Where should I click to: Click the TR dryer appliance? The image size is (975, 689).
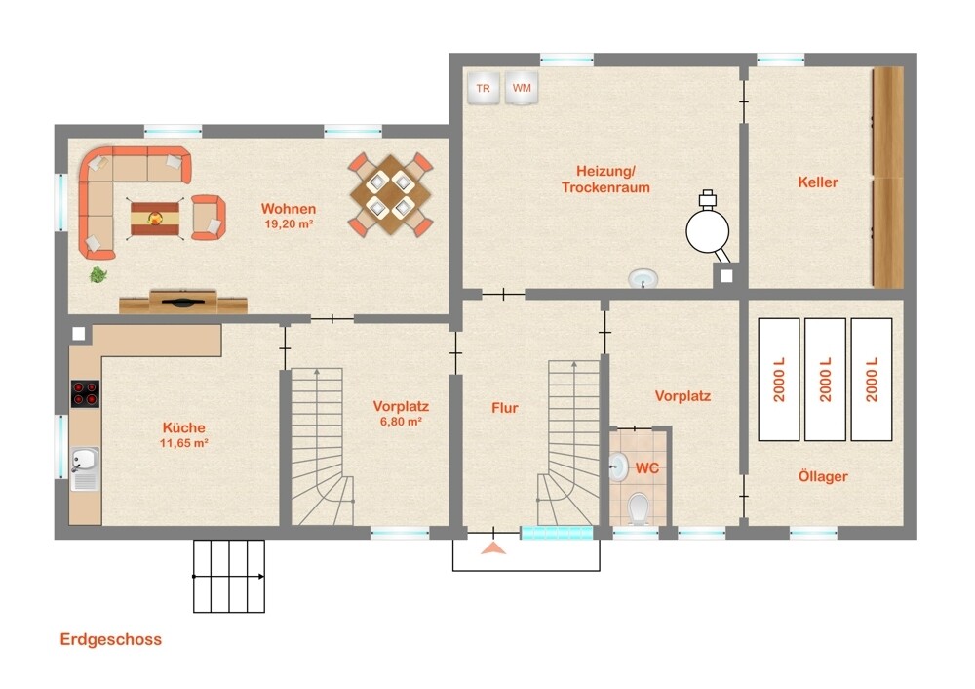pyautogui.click(x=484, y=89)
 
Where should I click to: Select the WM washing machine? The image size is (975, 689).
pyautogui.click(x=521, y=89)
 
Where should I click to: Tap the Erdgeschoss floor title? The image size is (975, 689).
pyautogui.click(x=111, y=640)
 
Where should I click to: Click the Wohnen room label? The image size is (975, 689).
pyautogui.click(x=289, y=209)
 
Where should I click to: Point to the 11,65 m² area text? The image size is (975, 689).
pyautogui.click(x=184, y=443)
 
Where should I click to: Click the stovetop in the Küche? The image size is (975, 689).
pyautogui.click(x=85, y=394)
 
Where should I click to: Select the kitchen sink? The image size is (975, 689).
pyautogui.click(x=85, y=468)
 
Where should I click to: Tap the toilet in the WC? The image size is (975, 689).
pyautogui.click(x=639, y=508)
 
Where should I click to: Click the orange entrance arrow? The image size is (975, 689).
pyautogui.click(x=493, y=547)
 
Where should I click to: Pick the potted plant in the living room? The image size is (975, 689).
pyautogui.click(x=98, y=274)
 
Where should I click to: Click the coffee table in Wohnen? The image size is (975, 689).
pyautogui.click(x=155, y=218)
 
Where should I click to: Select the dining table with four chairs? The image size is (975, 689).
pyautogui.click(x=391, y=194)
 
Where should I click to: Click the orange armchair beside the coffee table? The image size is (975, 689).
pyautogui.click(x=208, y=218)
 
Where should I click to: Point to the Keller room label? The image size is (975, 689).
pyautogui.click(x=818, y=182)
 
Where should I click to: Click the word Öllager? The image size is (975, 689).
pyautogui.click(x=823, y=477)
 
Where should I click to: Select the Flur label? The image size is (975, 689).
pyautogui.click(x=505, y=408)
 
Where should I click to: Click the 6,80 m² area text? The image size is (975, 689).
pyautogui.click(x=401, y=422)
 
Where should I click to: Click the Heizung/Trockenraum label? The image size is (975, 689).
pyautogui.click(x=605, y=180)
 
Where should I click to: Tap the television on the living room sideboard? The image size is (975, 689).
pyautogui.click(x=182, y=303)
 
